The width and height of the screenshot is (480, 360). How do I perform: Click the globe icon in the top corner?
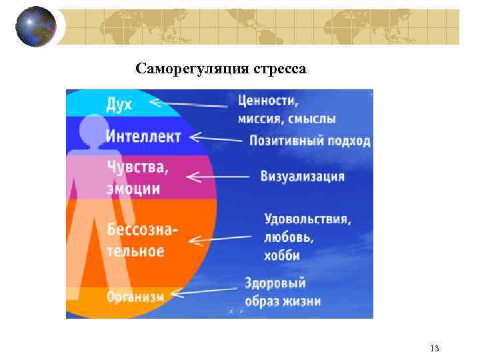click(x=36, y=27)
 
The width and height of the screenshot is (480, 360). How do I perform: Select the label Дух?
click(x=119, y=105)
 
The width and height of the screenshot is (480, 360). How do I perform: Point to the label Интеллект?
click(x=143, y=137)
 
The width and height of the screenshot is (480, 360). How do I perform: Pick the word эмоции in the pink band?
click(x=133, y=189)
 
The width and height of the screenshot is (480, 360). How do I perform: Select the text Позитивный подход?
click(x=309, y=141)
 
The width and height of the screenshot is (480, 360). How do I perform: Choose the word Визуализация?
click(x=302, y=177)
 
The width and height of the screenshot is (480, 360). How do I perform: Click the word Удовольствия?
click(x=307, y=219)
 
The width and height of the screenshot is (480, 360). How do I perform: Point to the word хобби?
click(x=282, y=256)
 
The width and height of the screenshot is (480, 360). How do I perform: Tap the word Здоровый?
click(x=275, y=283)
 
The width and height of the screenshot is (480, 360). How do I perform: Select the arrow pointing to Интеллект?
click(x=216, y=138)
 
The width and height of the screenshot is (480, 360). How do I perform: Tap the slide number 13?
click(x=435, y=349)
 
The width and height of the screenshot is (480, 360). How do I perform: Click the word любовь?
click(x=288, y=237)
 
